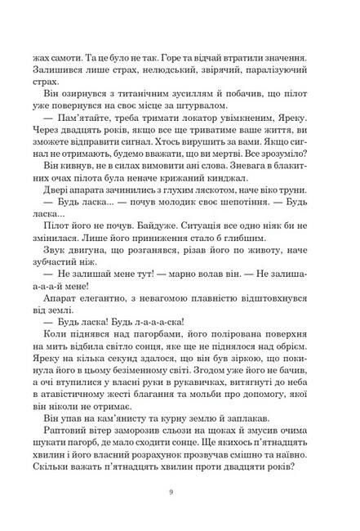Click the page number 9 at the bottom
180,493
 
